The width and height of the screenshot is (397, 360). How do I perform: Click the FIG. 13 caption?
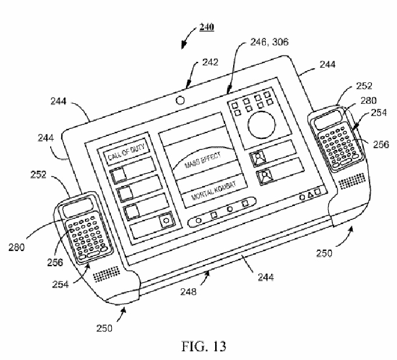pos(204,346)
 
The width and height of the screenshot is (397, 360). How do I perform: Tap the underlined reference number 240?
pos(207,27)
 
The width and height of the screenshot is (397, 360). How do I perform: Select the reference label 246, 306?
pos(269,42)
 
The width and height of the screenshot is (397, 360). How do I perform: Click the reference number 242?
pos(210,62)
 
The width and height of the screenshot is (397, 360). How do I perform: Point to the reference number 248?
pos(188,292)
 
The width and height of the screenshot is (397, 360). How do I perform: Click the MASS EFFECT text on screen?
pos(203,160)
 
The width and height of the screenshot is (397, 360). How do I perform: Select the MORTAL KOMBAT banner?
pos(214,191)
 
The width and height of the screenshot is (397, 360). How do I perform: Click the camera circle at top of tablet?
pos(180,100)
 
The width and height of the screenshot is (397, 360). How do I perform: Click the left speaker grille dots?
pos(106,274)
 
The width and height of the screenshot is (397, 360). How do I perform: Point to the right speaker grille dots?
pos(352,181)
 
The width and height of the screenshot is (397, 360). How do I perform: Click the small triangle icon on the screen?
pos(310,195)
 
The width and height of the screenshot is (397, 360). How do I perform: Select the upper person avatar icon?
pos(258,158)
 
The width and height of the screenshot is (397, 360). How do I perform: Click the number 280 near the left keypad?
pos(16,247)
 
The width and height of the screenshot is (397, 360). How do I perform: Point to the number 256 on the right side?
pos(381,145)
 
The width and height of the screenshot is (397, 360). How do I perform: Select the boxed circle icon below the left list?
pos(166,221)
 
